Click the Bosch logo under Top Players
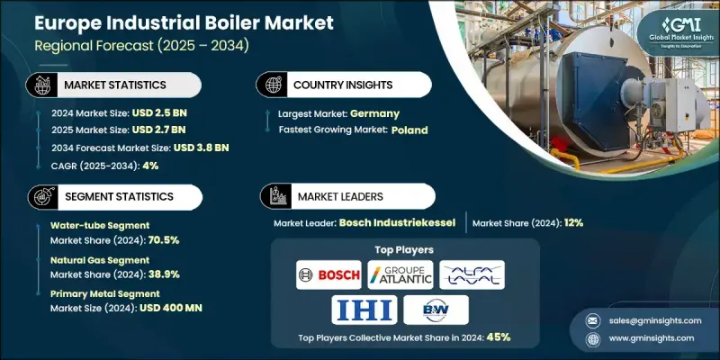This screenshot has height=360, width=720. pos(328,274)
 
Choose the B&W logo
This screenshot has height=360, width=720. pos(436,310)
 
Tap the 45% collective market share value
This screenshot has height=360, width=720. pos(499,337)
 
